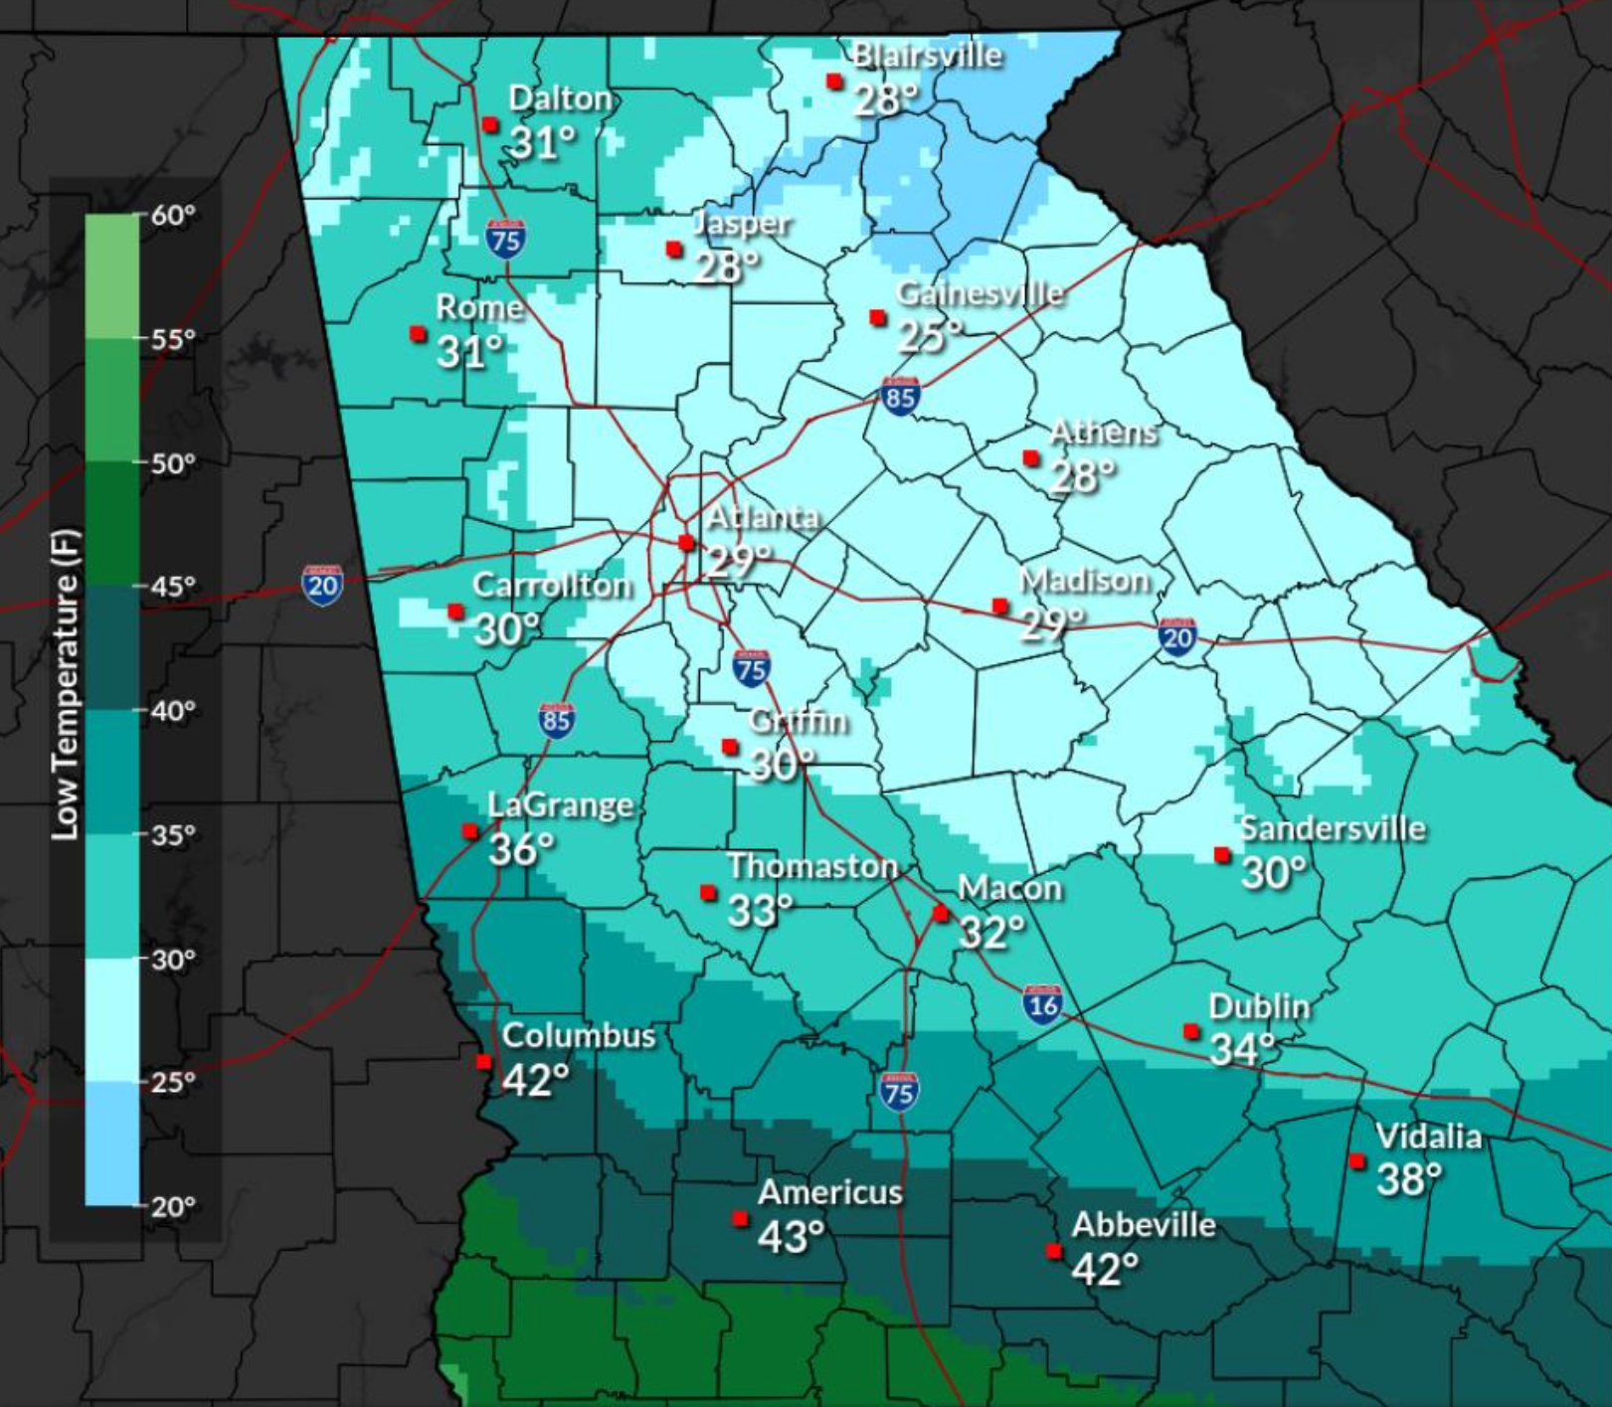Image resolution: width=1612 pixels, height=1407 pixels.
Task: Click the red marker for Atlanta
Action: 686,542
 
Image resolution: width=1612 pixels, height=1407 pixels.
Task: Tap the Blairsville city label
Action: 927,55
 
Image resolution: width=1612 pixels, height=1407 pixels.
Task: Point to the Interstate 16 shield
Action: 1042,1004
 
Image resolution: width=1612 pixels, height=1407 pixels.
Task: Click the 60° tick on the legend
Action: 173,215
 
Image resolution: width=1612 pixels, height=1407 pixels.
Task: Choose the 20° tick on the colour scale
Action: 173,1206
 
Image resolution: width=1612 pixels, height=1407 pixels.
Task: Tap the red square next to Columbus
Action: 484,1061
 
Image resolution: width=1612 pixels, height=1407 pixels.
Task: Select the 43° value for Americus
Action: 791,1236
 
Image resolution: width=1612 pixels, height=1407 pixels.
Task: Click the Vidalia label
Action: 1428,1136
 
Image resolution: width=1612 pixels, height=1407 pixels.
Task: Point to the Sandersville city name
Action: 1332,828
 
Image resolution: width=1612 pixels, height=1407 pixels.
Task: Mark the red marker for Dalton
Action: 490,124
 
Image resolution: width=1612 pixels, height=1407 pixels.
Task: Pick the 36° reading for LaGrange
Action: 520,849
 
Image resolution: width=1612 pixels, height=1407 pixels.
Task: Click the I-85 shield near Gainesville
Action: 900,397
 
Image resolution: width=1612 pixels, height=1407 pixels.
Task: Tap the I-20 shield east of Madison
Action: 1176,636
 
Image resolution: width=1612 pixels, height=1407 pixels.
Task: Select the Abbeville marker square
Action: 1054,1251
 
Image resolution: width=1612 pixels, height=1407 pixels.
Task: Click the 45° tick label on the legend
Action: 173,587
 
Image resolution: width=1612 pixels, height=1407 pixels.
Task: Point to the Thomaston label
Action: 812,866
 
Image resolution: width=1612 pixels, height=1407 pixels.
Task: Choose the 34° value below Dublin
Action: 1242,1049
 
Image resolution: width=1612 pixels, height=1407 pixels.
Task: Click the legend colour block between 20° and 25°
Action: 111,1143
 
